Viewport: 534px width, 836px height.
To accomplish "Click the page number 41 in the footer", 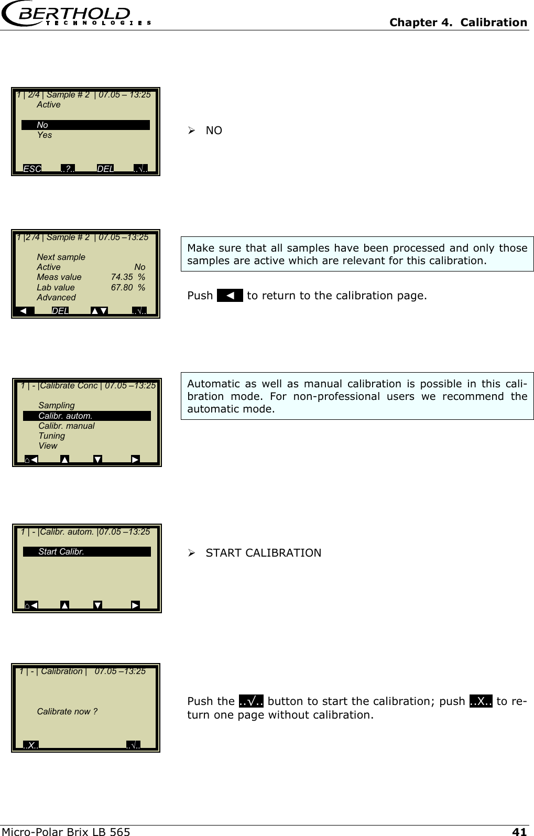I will tap(519, 831).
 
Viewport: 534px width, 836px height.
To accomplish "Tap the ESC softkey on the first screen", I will tap(32, 169).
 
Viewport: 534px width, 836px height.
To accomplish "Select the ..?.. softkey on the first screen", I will tap(68, 169).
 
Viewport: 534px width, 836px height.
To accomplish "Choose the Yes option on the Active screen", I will tap(45, 135).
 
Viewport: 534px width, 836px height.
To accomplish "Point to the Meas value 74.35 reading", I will tap(122, 277).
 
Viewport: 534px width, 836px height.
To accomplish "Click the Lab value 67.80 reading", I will tap(122, 287).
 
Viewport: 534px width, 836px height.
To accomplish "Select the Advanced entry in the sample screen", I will tap(56, 298).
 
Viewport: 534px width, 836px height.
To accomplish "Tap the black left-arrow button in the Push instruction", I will tap(230, 296).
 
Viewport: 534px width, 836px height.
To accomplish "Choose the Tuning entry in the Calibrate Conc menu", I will tap(52, 436).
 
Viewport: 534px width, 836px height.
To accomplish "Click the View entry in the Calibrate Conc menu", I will tap(48, 446).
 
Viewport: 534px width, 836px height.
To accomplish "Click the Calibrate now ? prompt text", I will tap(67, 712).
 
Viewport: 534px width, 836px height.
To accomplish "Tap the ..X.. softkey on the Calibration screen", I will tap(31, 745).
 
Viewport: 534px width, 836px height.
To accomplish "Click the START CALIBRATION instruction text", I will tap(263, 553).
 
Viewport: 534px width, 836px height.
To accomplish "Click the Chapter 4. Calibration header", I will tap(458, 23).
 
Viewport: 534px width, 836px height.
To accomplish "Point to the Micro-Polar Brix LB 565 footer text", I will tap(66, 831).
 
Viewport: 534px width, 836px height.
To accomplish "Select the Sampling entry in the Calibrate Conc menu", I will tap(57, 406).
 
